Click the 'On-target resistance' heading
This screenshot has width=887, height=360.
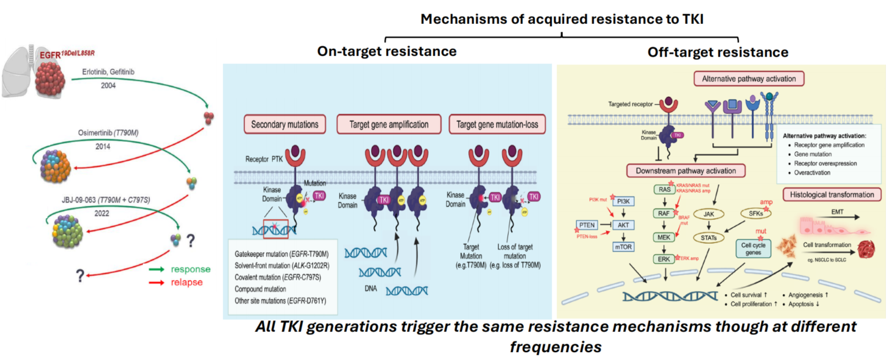pos(387,51)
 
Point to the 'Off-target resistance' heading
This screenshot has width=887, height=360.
pos(718,52)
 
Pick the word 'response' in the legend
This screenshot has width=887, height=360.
pos(191,270)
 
